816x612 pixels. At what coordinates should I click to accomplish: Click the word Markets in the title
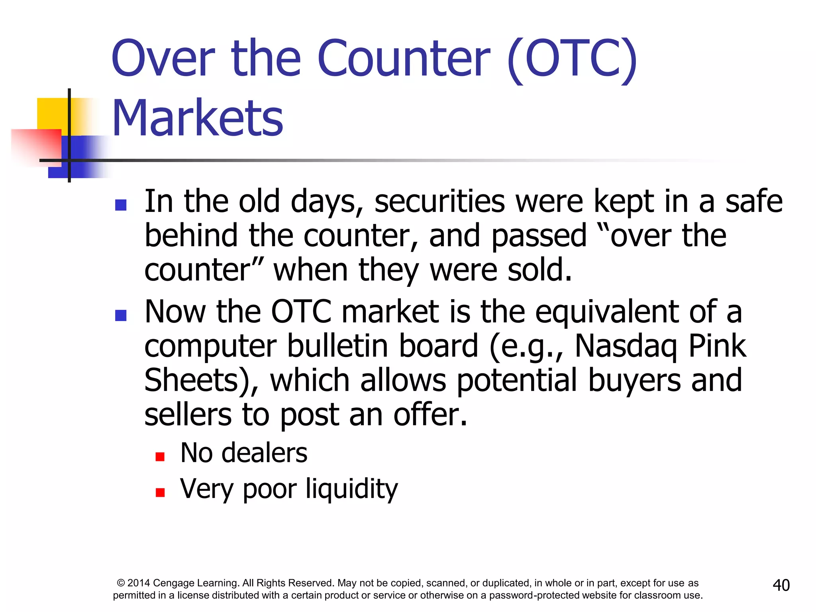(198, 118)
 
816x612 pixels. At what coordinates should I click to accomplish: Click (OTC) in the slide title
(572, 59)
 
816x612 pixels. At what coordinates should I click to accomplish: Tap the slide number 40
(781, 585)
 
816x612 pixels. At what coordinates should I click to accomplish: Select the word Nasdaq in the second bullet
(626, 346)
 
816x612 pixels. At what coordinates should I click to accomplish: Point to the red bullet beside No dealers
(160, 457)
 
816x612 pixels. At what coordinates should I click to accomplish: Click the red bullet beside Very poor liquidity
(160, 492)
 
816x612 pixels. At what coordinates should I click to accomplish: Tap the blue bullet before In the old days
(121, 205)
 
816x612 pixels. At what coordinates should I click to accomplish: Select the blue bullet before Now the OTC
(121, 315)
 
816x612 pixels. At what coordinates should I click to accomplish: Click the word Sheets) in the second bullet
(201, 381)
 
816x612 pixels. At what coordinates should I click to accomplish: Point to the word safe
(753, 202)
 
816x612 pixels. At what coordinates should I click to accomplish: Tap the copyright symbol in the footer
(121, 583)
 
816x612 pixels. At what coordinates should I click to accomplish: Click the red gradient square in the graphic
(38, 145)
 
